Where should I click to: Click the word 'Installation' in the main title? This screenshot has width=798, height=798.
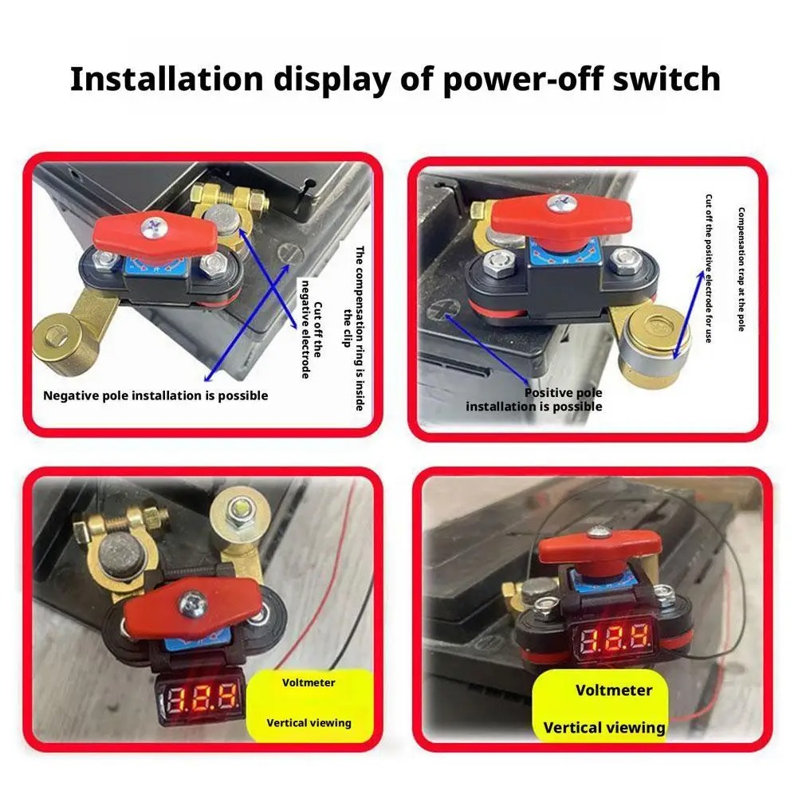[167, 79]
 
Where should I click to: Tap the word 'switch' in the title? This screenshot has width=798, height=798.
[666, 79]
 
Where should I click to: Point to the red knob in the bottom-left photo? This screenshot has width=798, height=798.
[193, 607]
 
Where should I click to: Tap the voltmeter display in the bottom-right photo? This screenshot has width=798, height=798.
[615, 639]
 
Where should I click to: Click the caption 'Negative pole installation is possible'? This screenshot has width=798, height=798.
[155, 395]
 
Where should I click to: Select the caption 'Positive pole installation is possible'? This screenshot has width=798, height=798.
[534, 399]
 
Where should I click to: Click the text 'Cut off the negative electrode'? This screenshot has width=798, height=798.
[312, 329]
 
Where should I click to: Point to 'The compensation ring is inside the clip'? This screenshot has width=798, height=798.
[354, 328]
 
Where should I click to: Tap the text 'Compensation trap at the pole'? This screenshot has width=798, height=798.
[741, 269]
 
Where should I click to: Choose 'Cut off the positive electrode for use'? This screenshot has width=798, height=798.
[709, 268]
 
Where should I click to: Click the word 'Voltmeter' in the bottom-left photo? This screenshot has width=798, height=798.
[309, 682]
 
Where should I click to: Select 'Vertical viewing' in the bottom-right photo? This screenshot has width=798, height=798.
[604, 728]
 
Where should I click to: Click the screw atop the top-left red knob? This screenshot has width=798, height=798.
[154, 227]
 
